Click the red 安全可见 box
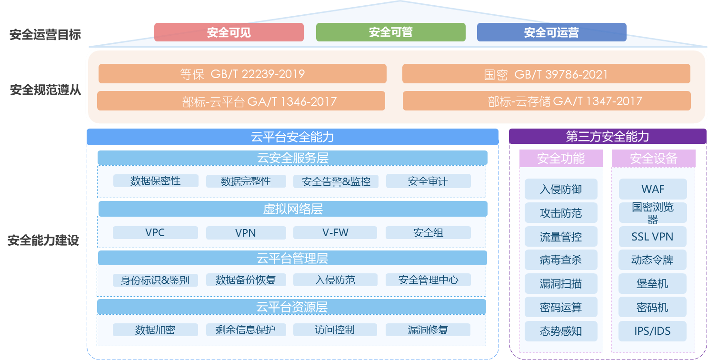tap(229, 32)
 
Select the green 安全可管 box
tap(390, 32)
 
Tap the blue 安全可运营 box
tap(551, 32)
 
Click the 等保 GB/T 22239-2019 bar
tap(242, 74)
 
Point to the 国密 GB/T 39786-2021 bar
tap(546, 74)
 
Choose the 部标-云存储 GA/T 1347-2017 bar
tap(546, 101)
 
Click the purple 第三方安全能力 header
tap(608, 137)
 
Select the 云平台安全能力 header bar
tap(292, 137)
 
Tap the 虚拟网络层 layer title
tap(292, 209)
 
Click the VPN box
tap(246, 233)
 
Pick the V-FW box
tap(335, 233)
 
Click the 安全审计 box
tap(428, 181)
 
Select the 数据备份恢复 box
tap(246, 280)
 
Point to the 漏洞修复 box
tap(428, 330)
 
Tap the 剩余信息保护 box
tap(246, 330)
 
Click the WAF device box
tap(653, 189)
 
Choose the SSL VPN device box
tap(653, 237)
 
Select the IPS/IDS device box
tap(653, 331)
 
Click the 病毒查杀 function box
tap(561, 260)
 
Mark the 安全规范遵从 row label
tap(45, 90)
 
